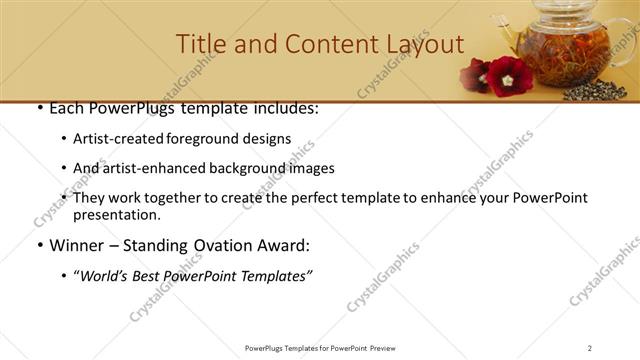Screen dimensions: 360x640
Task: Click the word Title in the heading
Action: click(199, 45)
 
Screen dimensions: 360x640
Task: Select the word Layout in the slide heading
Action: click(425, 45)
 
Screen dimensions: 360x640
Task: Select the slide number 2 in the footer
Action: click(590, 347)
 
